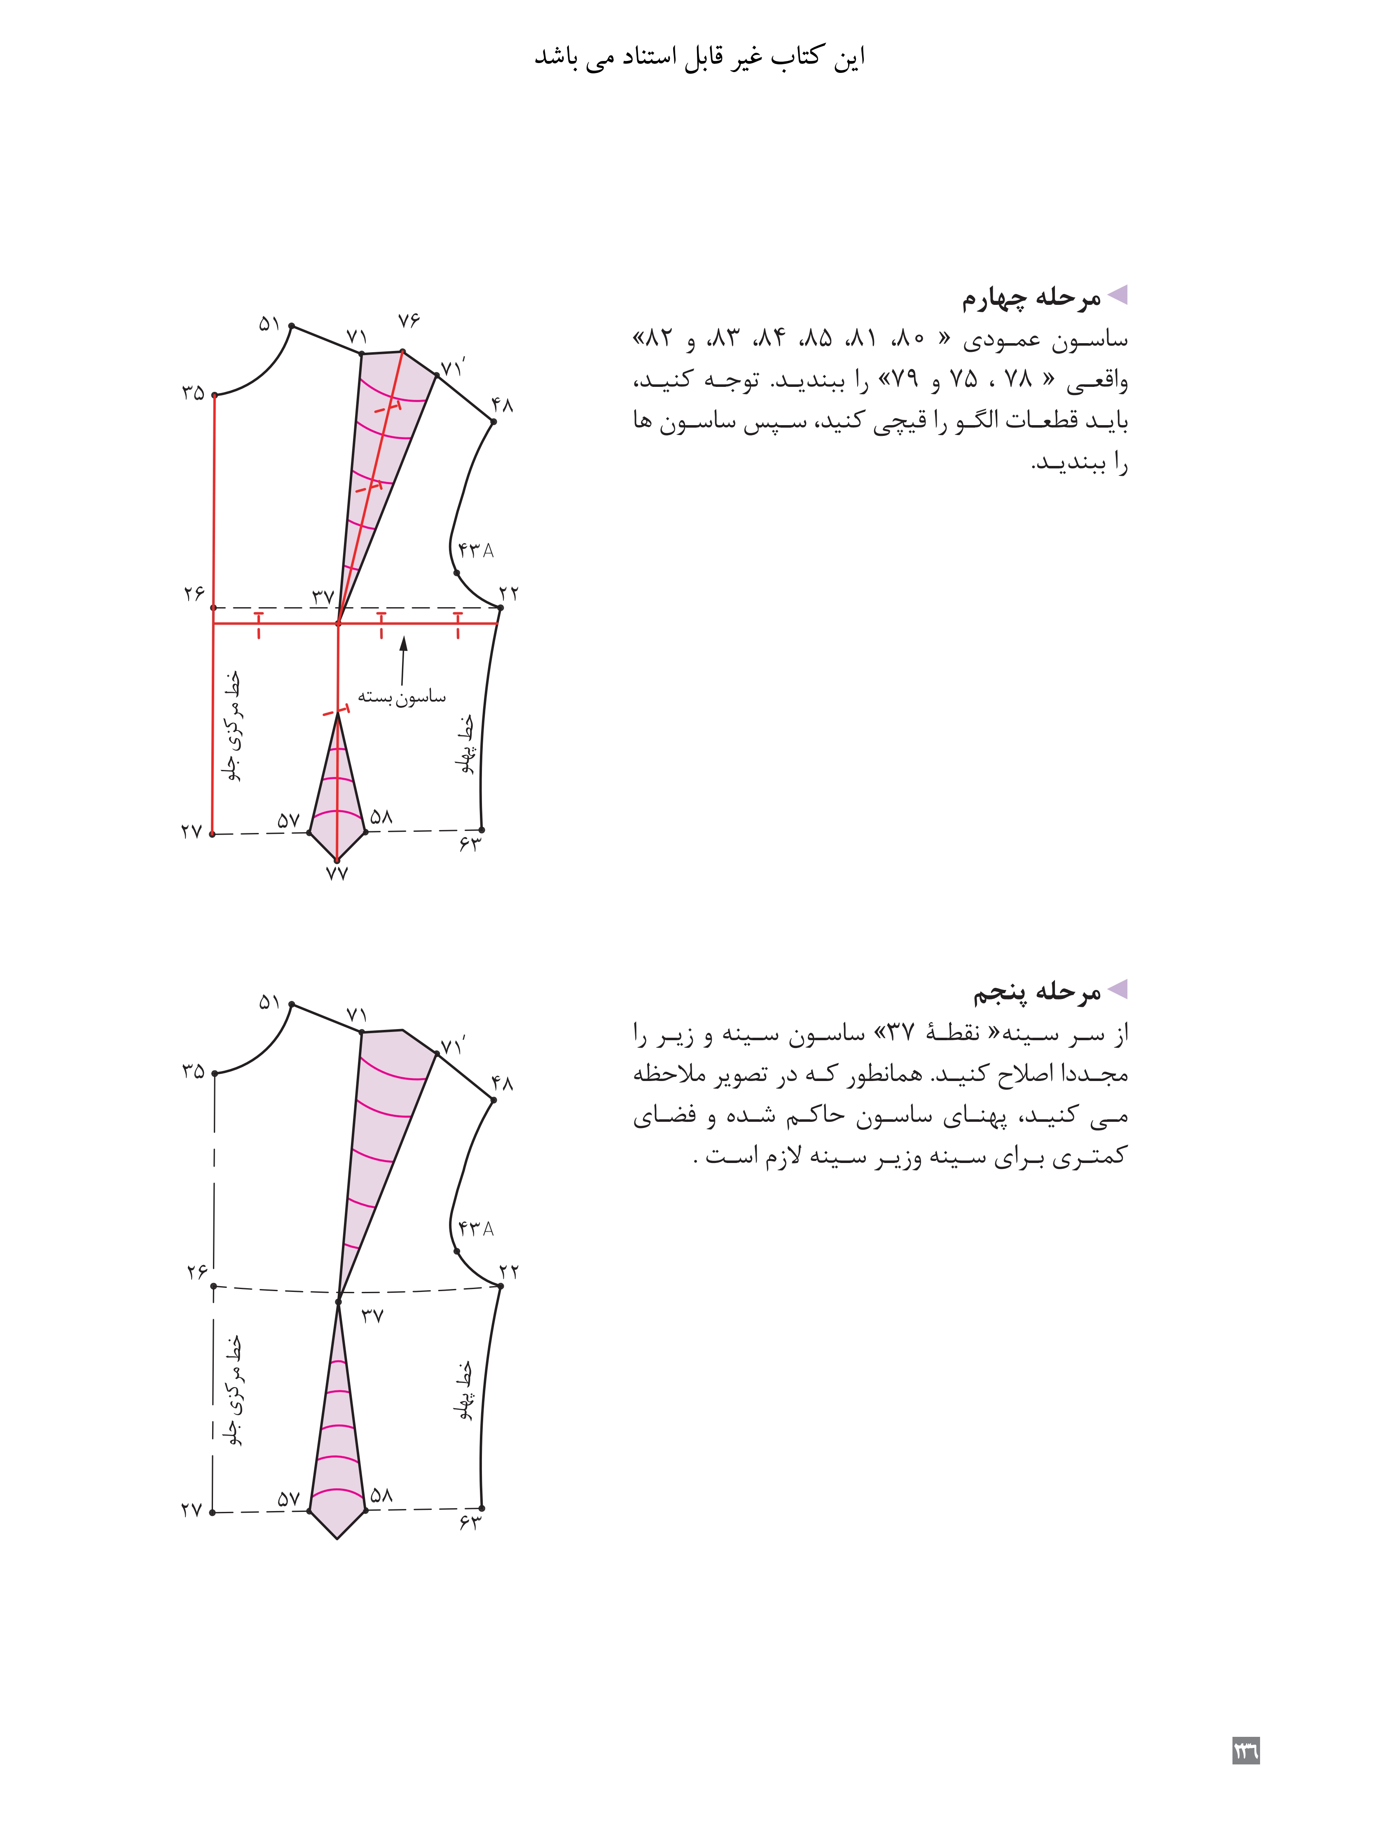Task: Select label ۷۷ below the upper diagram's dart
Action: coord(336,873)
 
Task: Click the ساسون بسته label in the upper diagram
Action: coord(402,697)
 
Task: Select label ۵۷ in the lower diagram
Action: coord(288,1499)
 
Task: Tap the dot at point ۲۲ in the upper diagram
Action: coord(500,608)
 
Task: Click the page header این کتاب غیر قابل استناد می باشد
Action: coord(699,57)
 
